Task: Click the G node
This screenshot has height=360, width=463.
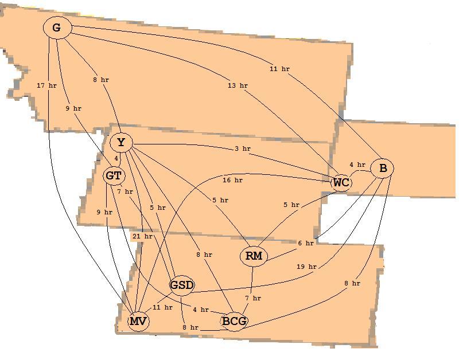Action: [x=57, y=28]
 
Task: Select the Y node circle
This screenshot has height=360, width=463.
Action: [x=121, y=143]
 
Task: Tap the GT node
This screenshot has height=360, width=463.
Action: [x=114, y=176]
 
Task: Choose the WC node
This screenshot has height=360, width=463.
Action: [x=341, y=183]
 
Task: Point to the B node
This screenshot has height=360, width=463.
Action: [x=382, y=168]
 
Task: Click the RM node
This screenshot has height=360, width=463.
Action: [x=254, y=256]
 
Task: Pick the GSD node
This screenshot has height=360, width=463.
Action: [x=182, y=285]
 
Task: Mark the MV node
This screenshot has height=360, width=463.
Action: [x=138, y=321]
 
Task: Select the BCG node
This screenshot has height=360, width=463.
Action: [x=234, y=321]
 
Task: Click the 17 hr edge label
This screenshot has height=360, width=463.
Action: [x=46, y=85]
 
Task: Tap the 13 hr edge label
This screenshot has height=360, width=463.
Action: [x=238, y=85]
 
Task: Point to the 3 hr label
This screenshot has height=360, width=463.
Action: [x=243, y=148]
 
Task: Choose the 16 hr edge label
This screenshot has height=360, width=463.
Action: [x=233, y=180]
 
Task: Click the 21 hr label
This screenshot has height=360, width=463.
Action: [x=142, y=236]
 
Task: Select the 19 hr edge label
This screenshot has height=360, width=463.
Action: [x=306, y=267]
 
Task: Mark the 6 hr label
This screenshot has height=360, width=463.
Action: [x=306, y=243]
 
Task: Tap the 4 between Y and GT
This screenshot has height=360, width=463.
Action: [x=116, y=158]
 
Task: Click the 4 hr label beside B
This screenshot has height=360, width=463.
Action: [x=357, y=165]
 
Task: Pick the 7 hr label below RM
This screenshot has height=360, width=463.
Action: [x=253, y=298]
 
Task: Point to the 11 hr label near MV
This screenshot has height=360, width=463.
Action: [x=162, y=307]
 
